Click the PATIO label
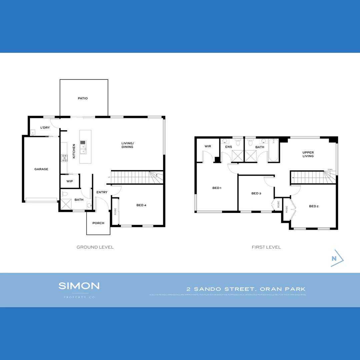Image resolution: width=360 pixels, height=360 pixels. pyautogui.click(x=83, y=98)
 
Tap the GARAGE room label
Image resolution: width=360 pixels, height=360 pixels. pyautogui.click(x=41, y=169)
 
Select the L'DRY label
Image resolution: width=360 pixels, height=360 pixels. pyautogui.click(x=45, y=128)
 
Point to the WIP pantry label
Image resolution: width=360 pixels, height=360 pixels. pyautogui.click(x=70, y=181)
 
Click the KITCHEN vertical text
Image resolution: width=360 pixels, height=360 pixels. pyautogui.click(x=74, y=151)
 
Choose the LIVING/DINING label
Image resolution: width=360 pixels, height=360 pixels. pyautogui.click(x=127, y=145)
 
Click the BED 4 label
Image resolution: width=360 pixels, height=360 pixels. pyautogui.click(x=141, y=205)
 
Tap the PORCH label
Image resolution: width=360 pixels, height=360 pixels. pyautogui.click(x=98, y=223)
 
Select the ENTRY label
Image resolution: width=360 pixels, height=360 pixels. pyautogui.click(x=102, y=192)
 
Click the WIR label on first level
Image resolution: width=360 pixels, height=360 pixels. pyautogui.click(x=208, y=146)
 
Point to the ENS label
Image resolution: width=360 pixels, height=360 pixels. pyautogui.click(x=228, y=147)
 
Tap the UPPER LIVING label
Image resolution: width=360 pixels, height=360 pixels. pyautogui.click(x=308, y=154)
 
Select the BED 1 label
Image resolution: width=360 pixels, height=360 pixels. pyautogui.click(x=217, y=188)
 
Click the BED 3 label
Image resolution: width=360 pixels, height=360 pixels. pyautogui.click(x=256, y=193)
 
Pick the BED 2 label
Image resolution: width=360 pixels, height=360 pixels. pyautogui.click(x=314, y=206)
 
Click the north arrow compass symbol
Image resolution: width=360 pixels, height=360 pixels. pyautogui.click(x=337, y=258)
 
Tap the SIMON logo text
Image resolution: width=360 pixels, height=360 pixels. pyautogui.click(x=79, y=286)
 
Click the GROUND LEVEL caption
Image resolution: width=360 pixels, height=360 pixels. pyautogui.click(x=95, y=247)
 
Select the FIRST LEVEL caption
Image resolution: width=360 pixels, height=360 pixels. pyautogui.click(x=266, y=247)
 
